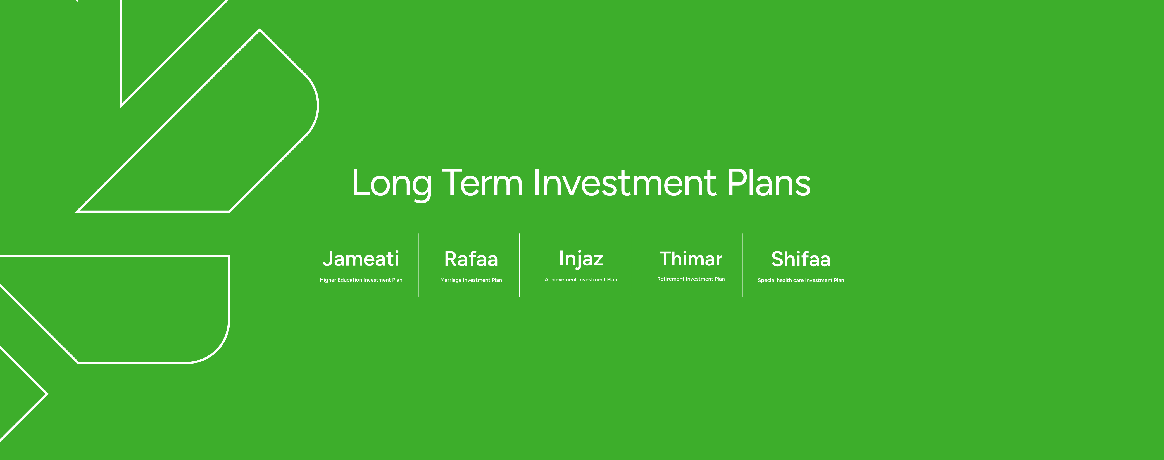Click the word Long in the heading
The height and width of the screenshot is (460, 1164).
click(x=391, y=183)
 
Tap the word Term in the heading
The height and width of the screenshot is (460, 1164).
click(x=482, y=183)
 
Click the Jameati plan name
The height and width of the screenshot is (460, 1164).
click(x=361, y=259)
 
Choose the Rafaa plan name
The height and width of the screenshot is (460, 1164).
click(x=471, y=259)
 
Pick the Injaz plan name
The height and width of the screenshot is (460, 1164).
click(x=581, y=259)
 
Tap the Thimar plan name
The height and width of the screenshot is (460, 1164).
click(x=691, y=259)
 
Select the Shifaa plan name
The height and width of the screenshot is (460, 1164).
click(x=801, y=259)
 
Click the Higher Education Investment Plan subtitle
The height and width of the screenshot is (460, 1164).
click(x=361, y=280)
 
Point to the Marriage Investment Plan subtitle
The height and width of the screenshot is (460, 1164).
click(x=471, y=280)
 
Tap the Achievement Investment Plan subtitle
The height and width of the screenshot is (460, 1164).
click(x=581, y=280)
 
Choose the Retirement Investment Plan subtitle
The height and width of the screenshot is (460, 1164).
click(x=691, y=279)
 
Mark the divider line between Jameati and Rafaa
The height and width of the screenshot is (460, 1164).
click(x=419, y=265)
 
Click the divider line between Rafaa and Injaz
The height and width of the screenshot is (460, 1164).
click(x=520, y=265)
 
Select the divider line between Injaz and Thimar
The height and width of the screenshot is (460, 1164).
click(x=631, y=265)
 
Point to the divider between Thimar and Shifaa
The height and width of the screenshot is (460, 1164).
click(x=742, y=265)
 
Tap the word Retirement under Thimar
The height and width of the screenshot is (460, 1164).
click(x=671, y=279)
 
